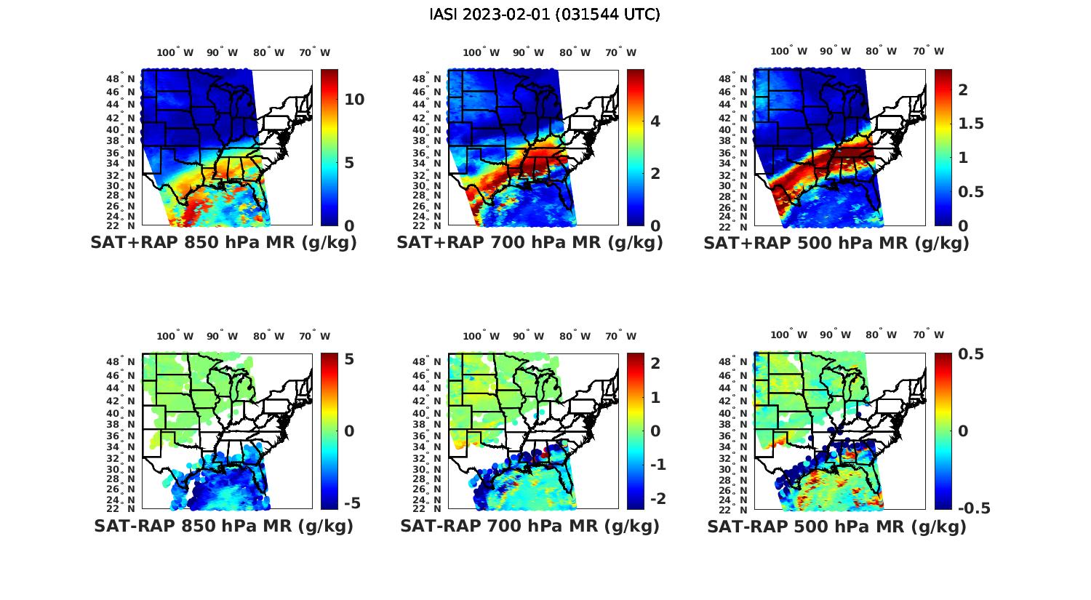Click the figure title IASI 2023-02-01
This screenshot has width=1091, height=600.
tap(545, 15)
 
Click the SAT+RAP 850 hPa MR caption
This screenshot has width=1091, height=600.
tap(223, 243)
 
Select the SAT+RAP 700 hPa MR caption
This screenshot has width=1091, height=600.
tap(529, 243)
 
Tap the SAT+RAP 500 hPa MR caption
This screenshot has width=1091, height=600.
tap(836, 243)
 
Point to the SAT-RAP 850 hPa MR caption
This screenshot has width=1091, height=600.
tap(223, 526)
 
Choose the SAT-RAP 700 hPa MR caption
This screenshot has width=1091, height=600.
tap(529, 526)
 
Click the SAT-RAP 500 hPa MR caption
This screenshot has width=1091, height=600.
tap(836, 526)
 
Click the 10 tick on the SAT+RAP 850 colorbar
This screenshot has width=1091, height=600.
tap(354, 100)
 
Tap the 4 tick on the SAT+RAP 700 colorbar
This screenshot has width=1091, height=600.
tap(655, 121)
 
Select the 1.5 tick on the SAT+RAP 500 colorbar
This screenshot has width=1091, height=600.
tap(970, 124)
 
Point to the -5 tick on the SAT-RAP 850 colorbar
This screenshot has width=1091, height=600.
tap(352, 503)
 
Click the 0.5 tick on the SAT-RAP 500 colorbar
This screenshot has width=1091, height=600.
tap(971, 354)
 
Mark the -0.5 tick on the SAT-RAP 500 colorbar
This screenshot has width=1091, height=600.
tap(975, 508)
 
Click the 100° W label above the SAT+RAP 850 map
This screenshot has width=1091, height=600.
tap(175, 52)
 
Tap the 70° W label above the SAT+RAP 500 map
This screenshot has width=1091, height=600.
tap(928, 52)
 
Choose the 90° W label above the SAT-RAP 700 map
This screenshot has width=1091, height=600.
tap(528, 336)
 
